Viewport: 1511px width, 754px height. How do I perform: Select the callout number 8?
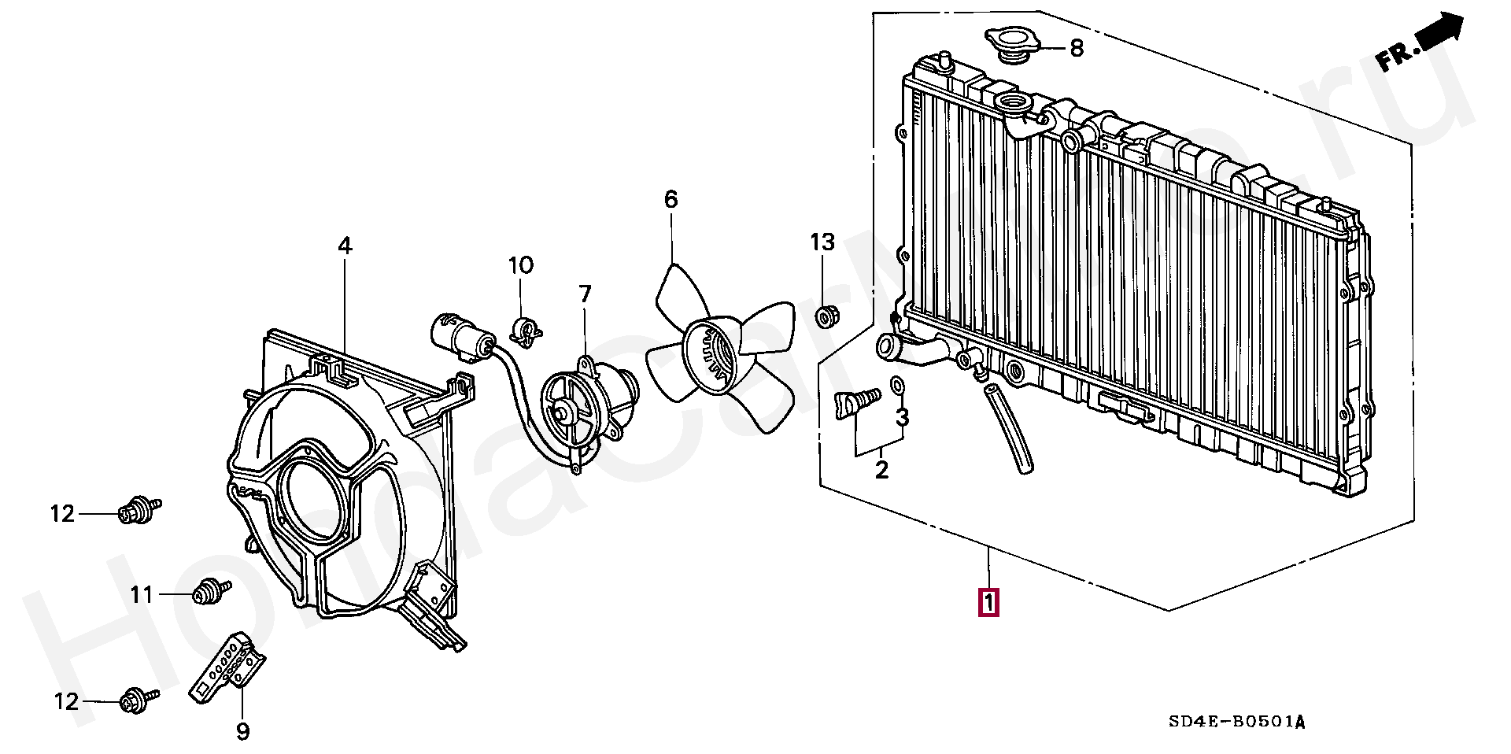coord(1077,48)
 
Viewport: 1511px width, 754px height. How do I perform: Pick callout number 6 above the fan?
coord(671,200)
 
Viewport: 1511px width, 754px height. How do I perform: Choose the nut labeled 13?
coord(825,317)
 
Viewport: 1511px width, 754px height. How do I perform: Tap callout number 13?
coord(822,242)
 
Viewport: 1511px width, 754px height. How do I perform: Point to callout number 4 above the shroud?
coord(345,246)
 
